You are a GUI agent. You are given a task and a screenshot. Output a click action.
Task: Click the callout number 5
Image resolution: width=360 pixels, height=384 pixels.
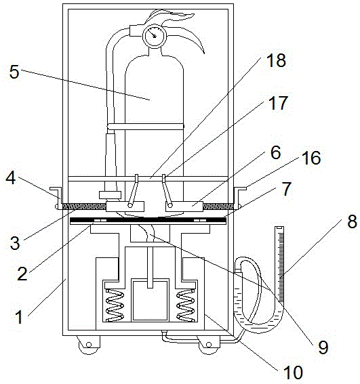(14, 72)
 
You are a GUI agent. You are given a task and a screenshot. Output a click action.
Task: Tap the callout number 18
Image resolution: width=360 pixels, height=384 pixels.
(277, 60)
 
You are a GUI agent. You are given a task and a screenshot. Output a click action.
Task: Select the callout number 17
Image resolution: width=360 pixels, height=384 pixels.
(278, 103)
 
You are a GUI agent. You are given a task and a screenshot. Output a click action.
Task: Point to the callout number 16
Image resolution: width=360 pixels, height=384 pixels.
(311, 158)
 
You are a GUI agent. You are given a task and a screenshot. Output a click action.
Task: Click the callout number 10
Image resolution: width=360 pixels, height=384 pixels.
(293, 372)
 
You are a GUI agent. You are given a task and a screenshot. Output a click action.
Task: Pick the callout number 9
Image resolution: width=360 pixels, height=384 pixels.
(323, 347)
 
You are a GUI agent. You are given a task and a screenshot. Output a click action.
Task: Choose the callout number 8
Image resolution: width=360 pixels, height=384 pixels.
(352, 221)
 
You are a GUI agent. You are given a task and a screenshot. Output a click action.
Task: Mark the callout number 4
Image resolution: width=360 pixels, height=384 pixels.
(11, 178)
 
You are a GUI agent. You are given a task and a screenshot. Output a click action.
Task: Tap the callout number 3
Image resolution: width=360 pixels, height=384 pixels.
(15, 242)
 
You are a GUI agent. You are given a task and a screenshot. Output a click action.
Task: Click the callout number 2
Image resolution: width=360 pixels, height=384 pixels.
(22, 274)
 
